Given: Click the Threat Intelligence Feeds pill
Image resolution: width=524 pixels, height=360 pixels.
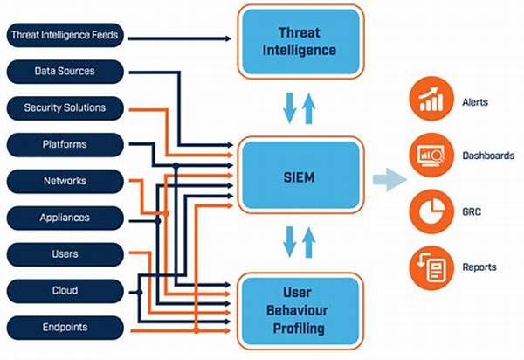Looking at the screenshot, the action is tap(65, 35).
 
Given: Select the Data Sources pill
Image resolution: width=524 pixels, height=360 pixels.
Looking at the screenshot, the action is tap(65, 72).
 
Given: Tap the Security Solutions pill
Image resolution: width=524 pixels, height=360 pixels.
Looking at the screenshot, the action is tap(65, 108).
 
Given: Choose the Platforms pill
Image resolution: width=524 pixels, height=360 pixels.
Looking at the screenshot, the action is tap(65, 145).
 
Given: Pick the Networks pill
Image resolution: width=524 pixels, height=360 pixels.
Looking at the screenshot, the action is tap(65, 181).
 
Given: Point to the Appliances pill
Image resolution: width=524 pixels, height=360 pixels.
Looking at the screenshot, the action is tap(65, 218).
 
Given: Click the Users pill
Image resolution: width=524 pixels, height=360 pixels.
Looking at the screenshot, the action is tap(65, 254).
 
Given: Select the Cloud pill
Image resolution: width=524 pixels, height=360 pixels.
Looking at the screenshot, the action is tap(65, 291).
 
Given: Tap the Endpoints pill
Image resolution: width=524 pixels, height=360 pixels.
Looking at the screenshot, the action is tap(65, 328).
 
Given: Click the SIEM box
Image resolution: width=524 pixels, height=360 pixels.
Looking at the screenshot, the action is tap(300, 175).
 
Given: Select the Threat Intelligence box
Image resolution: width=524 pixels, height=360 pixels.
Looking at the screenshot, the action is tap(300, 42).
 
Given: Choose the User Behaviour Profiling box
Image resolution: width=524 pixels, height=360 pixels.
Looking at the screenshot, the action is tap(300, 311).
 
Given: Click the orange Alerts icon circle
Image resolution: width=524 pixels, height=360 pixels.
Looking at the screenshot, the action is tap(431, 99).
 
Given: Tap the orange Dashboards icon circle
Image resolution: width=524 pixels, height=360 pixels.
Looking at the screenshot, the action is tap(431, 155).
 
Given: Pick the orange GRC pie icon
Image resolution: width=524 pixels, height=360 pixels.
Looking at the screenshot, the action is tap(431, 211).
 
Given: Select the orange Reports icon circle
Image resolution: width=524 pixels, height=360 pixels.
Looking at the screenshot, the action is tap(431, 267).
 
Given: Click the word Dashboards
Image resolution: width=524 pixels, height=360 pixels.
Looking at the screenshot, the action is tap(488, 156).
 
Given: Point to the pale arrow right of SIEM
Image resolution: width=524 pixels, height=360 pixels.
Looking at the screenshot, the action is tap(390, 180).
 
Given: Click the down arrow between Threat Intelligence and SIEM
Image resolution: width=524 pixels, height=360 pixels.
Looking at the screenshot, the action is tap(289, 108).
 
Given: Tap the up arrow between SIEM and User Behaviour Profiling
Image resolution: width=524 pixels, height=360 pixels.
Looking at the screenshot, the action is tap(308, 242).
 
